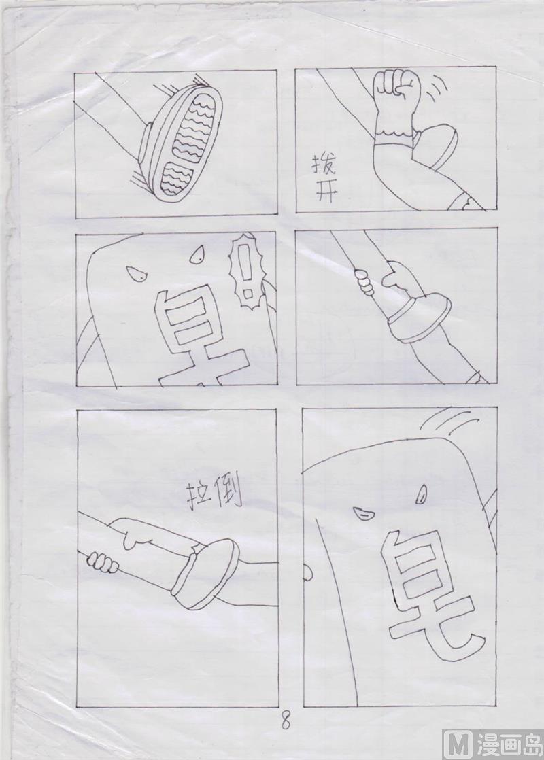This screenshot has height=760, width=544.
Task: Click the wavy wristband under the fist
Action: (395, 133)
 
